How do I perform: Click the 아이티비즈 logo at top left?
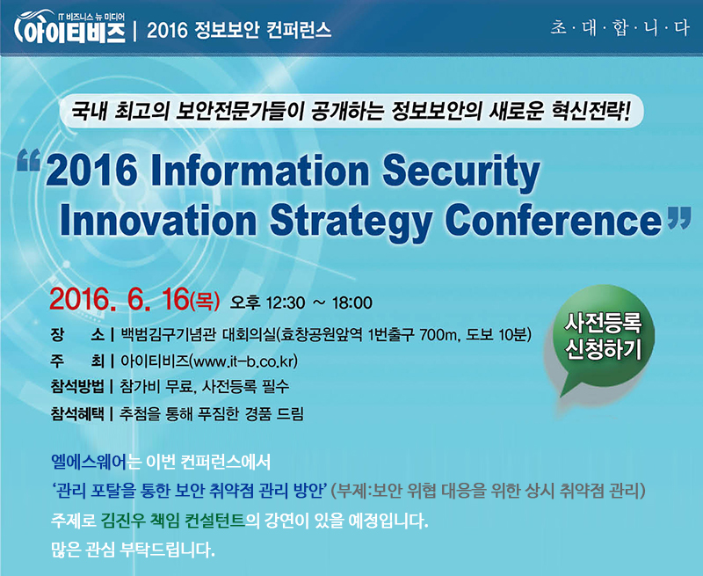(x=70, y=28)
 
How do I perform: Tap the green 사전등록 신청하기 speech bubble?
(x=601, y=341)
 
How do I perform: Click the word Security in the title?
(x=461, y=172)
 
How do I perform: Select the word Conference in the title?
(x=554, y=220)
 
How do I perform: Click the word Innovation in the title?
(x=158, y=220)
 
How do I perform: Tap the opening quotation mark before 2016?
(x=29, y=161)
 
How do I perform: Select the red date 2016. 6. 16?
(x=120, y=299)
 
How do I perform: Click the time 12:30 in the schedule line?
(x=286, y=303)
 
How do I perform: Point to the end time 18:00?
(x=352, y=303)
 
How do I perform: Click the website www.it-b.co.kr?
(x=243, y=361)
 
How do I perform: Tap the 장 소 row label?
(x=77, y=335)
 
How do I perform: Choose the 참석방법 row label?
(x=77, y=387)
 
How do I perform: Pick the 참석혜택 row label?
(x=77, y=413)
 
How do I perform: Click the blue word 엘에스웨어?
(x=89, y=462)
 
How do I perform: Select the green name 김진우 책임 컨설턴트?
(x=173, y=521)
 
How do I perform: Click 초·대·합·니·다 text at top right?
(x=620, y=29)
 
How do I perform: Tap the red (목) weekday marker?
(x=205, y=301)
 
